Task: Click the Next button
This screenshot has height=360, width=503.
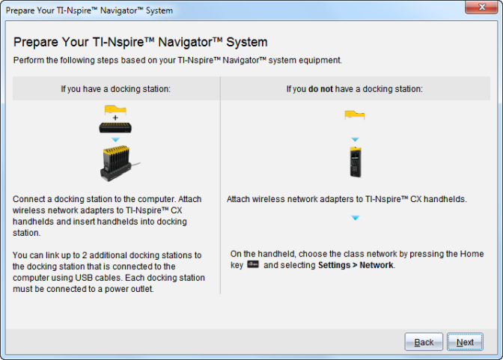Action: click(x=465, y=342)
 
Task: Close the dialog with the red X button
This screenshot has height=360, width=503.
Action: click(x=481, y=7)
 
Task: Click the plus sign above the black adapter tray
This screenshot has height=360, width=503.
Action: click(x=115, y=118)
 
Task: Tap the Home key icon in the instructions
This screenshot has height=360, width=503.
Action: click(x=253, y=265)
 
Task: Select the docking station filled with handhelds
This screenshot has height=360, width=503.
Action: click(x=119, y=163)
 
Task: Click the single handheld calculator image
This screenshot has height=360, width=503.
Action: click(x=355, y=162)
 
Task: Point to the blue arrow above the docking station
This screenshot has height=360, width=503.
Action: click(x=115, y=139)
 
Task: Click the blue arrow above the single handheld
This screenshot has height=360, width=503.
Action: click(x=355, y=139)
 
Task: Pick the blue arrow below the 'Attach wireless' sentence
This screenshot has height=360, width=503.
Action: click(x=355, y=218)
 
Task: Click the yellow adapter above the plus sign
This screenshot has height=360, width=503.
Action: click(x=115, y=109)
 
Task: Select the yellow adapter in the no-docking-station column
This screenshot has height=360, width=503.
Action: click(x=355, y=115)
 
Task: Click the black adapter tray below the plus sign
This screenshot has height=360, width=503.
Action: click(x=115, y=128)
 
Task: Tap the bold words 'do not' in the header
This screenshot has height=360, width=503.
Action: click(x=320, y=89)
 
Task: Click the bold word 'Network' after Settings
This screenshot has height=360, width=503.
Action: click(x=377, y=265)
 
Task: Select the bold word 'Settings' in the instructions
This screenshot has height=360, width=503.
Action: click(x=334, y=266)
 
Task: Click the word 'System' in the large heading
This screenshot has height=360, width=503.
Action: click(x=247, y=43)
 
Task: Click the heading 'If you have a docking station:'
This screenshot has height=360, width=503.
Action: click(x=115, y=89)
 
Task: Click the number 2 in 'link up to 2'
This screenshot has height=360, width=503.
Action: click(x=85, y=255)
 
